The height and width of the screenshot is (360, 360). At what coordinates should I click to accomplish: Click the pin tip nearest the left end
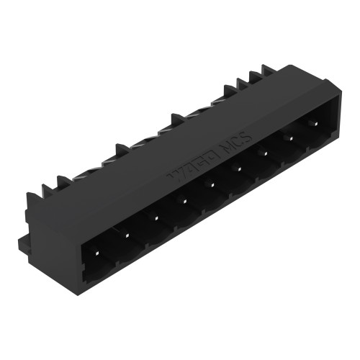click(96, 252)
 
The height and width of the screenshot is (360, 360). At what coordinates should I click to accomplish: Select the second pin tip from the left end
click(126, 234)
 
